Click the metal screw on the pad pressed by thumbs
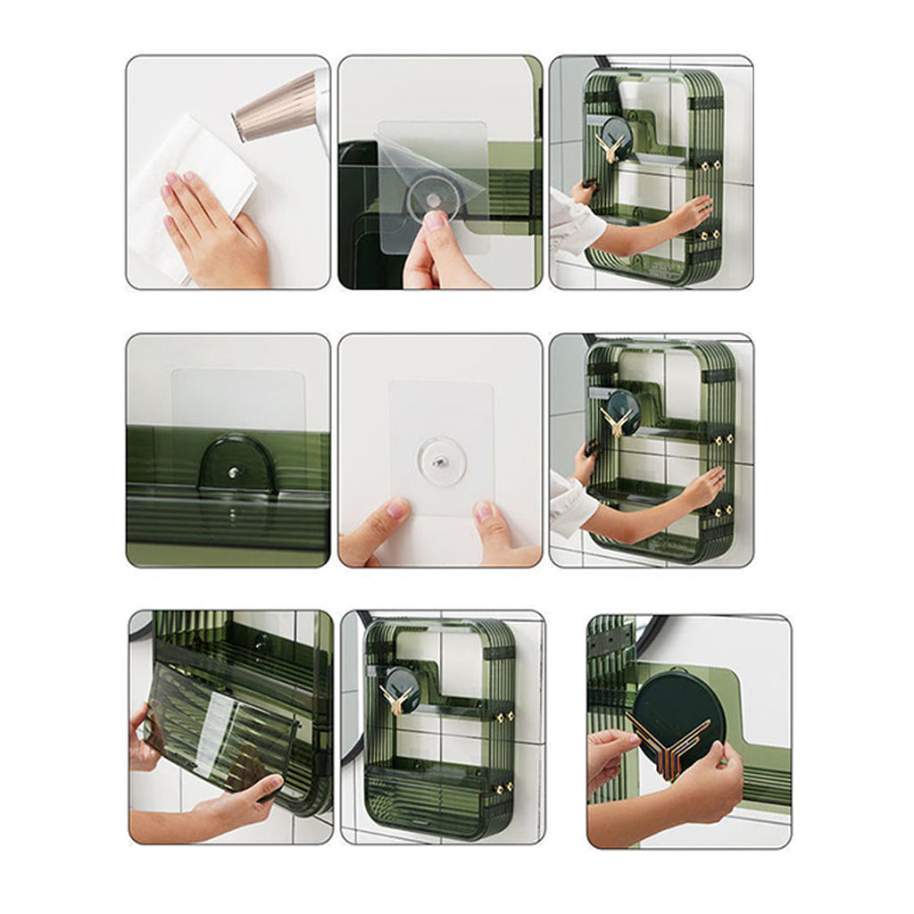point(439,461)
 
